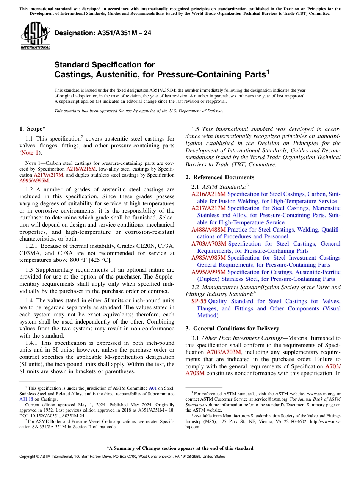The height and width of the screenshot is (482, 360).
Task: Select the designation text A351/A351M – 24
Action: [103, 33]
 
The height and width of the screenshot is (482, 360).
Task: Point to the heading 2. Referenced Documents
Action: [220, 177]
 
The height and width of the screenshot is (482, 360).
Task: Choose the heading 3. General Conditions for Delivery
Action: [232, 329]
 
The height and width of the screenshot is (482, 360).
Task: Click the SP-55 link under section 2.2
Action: [199, 301]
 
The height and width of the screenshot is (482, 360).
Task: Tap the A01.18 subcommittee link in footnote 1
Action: [26, 399]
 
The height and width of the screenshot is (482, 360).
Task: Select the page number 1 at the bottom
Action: [180, 465]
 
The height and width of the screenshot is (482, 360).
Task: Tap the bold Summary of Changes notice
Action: [180, 448]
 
